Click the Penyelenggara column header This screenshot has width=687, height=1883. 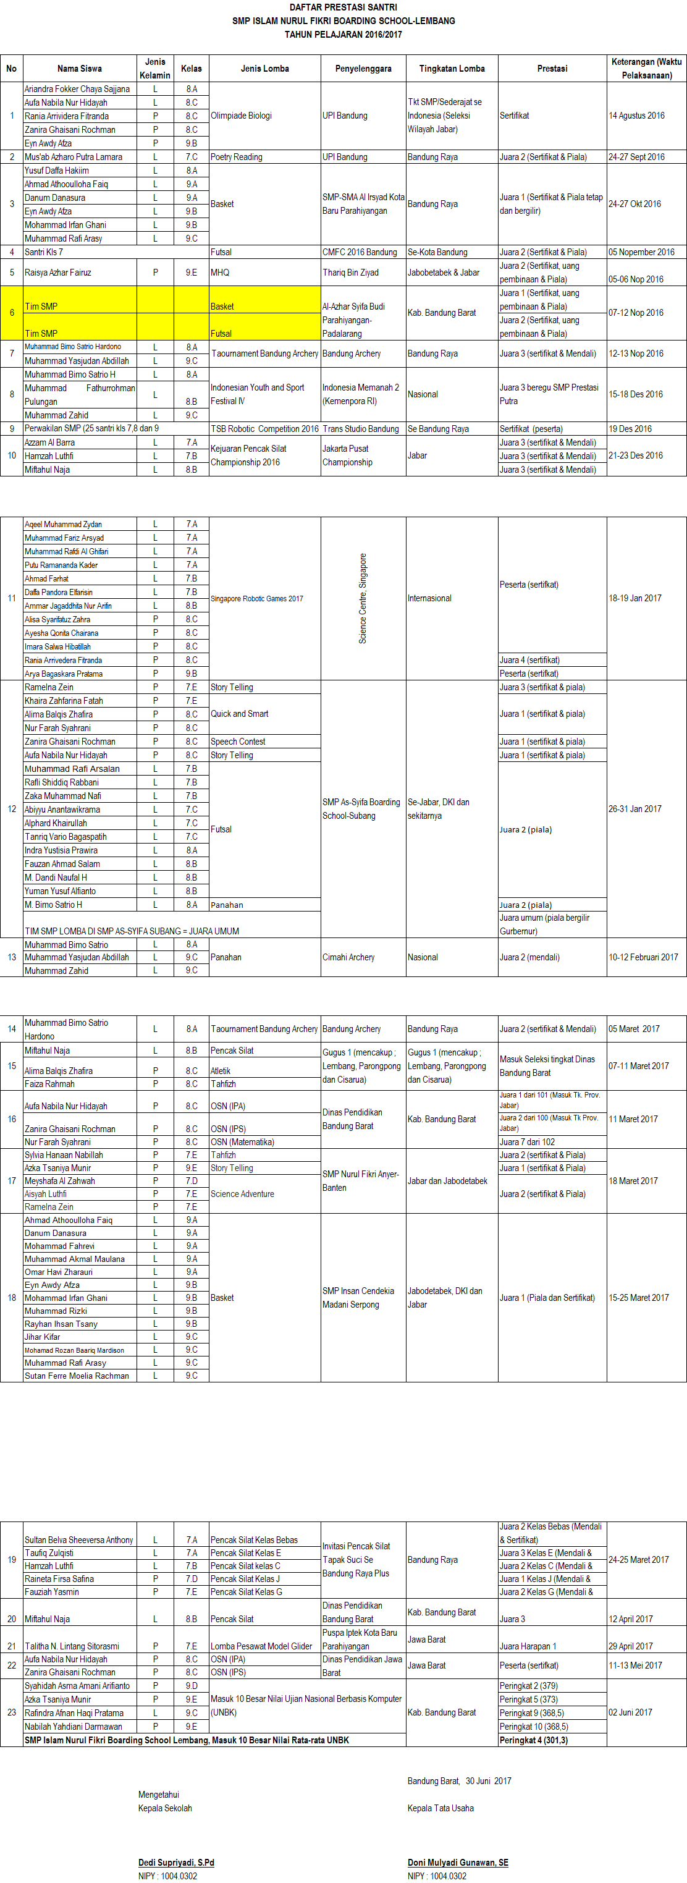(363, 69)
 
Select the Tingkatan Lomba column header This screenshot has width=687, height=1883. (452, 69)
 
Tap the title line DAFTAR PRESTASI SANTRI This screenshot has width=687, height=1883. (343, 7)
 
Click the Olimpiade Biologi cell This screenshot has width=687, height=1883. (241, 116)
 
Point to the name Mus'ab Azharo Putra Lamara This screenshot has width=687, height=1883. (73, 157)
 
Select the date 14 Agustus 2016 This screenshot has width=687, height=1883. (636, 116)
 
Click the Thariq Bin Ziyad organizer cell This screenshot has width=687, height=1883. (351, 273)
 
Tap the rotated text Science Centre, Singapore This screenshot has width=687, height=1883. (363, 599)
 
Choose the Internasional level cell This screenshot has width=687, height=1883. (430, 599)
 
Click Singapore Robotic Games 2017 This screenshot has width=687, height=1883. (256, 599)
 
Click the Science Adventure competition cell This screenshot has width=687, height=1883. (243, 1195)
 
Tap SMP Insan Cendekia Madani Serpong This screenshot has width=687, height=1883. (358, 1298)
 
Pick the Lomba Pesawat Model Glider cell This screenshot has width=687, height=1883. (261, 1647)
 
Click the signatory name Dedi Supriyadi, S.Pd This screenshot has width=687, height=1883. (176, 1863)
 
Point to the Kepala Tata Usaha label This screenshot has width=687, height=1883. (440, 1808)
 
